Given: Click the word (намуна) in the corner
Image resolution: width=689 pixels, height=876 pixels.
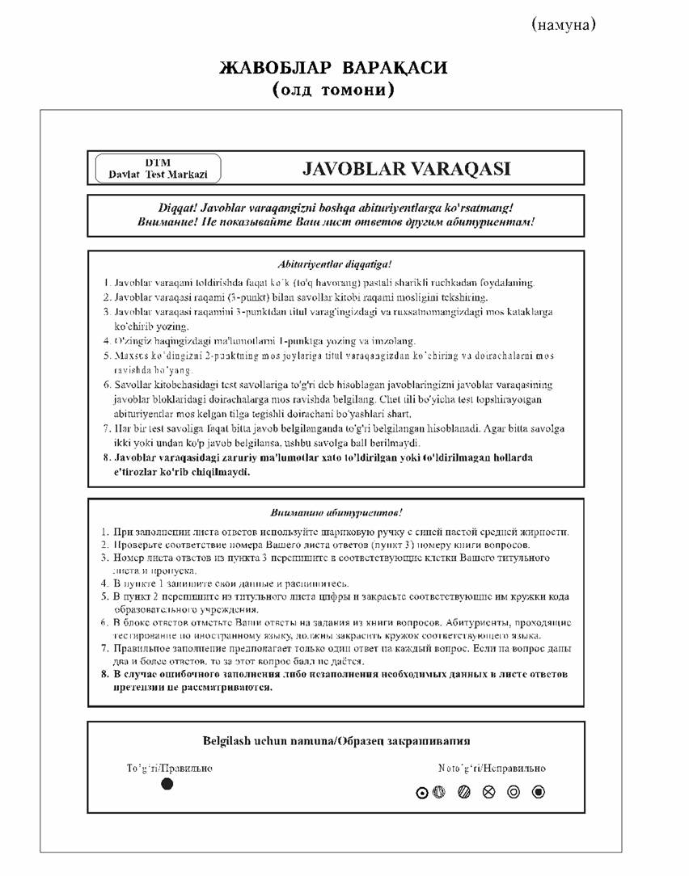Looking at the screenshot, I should (564, 25).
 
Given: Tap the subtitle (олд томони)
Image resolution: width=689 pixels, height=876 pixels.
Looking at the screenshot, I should (333, 90).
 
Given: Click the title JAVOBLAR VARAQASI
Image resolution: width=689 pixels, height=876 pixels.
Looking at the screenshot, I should (406, 169).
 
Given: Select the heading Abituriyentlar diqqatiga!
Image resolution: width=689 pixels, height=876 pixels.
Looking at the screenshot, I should (336, 263).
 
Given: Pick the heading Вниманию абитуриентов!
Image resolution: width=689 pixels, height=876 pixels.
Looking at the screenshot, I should (336, 512).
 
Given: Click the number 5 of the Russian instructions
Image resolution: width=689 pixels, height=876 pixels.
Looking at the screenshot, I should (105, 596).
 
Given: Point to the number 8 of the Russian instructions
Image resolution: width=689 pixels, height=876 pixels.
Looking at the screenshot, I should (105, 674).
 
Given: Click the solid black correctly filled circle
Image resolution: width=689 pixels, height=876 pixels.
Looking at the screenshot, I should (167, 784).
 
